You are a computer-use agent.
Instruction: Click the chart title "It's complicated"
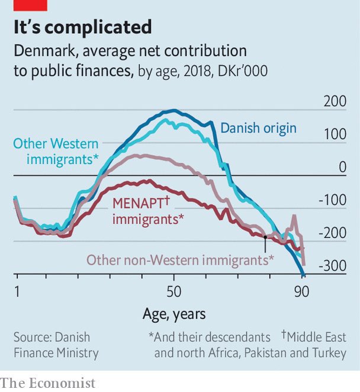click(x=83, y=27)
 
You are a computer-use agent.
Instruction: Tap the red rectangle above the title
click(x=30, y=5)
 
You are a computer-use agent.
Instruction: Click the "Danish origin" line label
click(x=258, y=128)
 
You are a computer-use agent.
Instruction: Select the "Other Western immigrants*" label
click(x=56, y=152)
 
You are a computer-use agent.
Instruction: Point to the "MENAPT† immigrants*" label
click(x=147, y=210)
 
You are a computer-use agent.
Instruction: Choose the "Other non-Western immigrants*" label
click(x=180, y=260)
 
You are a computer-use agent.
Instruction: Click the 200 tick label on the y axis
click(x=335, y=101)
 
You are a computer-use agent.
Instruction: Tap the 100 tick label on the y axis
click(x=335, y=134)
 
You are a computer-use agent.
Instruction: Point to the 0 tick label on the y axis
click(x=342, y=168)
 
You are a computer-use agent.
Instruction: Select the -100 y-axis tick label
click(x=332, y=200)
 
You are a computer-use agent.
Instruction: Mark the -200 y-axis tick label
click(x=332, y=233)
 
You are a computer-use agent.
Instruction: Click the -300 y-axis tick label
click(x=332, y=266)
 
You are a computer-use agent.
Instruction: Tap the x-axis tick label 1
click(x=17, y=292)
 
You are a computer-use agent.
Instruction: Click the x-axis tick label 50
click(x=173, y=292)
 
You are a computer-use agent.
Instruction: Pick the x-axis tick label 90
click(x=302, y=292)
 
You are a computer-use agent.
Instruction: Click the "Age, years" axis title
click(x=173, y=313)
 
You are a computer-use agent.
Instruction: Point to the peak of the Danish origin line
click(x=173, y=110)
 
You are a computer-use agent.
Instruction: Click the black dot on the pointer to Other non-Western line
click(x=265, y=237)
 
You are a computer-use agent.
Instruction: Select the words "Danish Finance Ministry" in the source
click(x=56, y=345)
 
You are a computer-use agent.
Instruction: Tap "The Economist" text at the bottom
click(x=48, y=383)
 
